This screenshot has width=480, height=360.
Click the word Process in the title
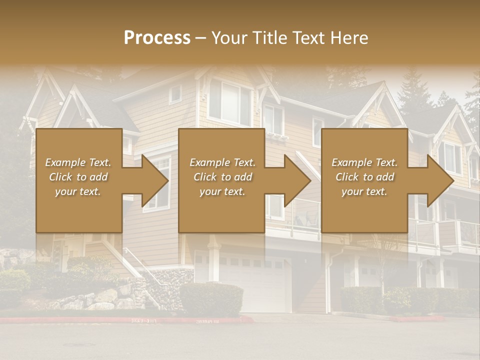157,38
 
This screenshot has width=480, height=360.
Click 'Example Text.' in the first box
78,162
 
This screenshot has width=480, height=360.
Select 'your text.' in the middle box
222,191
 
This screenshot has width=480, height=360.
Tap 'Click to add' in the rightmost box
365,177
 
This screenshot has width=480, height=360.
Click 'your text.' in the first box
78,191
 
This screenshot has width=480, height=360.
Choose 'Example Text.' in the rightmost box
365,162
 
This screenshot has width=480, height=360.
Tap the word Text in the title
310,38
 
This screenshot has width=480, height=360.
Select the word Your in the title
231,38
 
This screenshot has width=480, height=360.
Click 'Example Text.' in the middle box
222,162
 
